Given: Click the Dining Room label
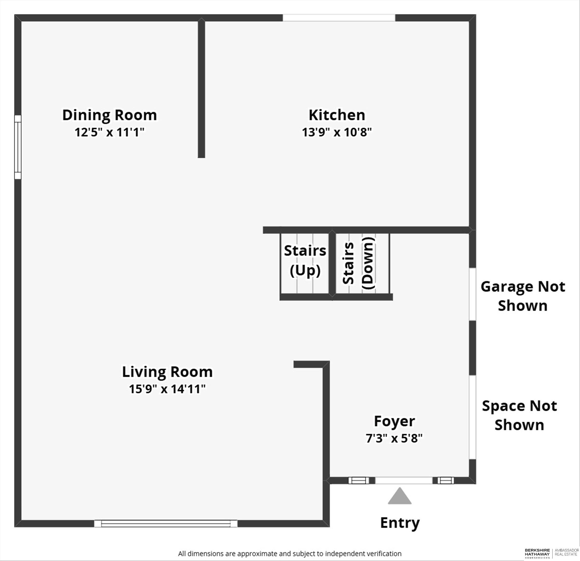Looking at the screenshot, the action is (110, 115).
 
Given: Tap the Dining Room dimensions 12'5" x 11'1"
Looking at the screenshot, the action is (110, 132).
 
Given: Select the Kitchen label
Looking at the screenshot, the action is (337, 115).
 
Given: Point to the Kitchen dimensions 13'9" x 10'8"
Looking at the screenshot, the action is (337, 132).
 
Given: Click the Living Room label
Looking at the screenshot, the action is (168, 372).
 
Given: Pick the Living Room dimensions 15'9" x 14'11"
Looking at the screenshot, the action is (168, 389).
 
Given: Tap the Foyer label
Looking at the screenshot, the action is (394, 421).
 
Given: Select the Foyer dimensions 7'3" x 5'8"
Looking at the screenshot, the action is (394, 438).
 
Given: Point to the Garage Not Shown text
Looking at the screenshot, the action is (523, 296).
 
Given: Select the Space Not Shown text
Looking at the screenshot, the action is (520, 415).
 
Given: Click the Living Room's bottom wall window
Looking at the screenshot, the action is (166, 524).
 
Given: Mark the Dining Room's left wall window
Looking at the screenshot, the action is (18, 147).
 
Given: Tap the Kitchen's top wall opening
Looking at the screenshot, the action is (339, 18).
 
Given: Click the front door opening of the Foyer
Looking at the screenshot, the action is (404, 480).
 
